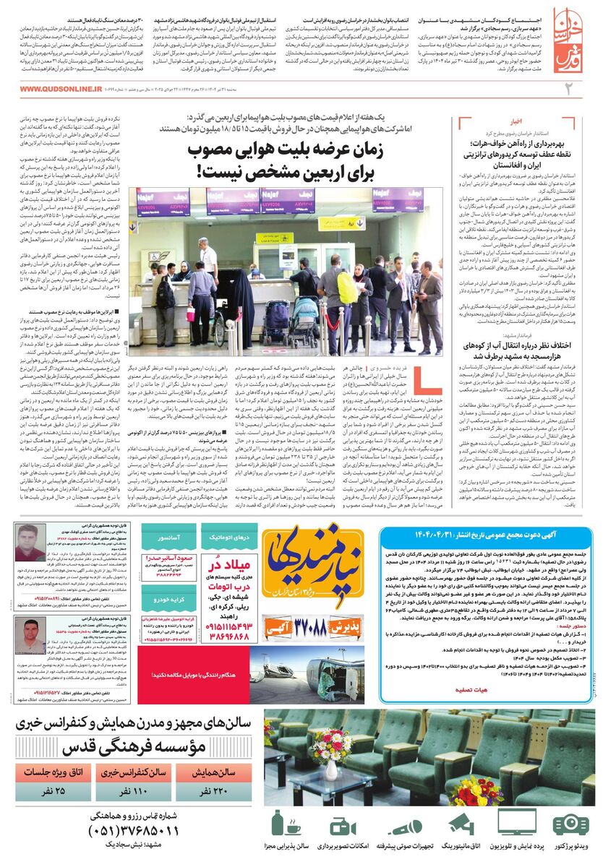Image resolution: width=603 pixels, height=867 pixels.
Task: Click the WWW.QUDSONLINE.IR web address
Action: point(61,89)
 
